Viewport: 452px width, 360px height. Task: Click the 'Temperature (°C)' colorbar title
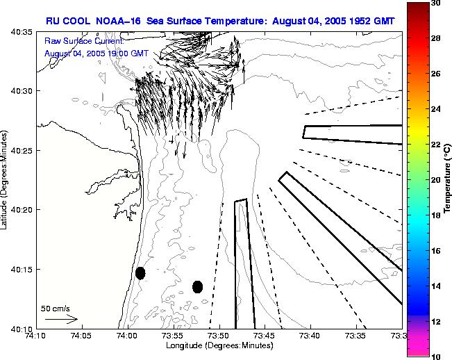point(448,180)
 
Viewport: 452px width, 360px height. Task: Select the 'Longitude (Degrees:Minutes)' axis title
point(220,345)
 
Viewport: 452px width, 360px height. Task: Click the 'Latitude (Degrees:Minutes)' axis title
point(6,180)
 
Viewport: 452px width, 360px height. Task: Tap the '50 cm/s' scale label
point(55,308)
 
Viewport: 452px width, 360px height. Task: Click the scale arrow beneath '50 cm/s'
point(61,319)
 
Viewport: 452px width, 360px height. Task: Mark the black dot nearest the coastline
point(140,273)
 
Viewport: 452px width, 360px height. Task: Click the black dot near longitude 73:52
point(197,286)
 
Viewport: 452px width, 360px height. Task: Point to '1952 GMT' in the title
point(369,21)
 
